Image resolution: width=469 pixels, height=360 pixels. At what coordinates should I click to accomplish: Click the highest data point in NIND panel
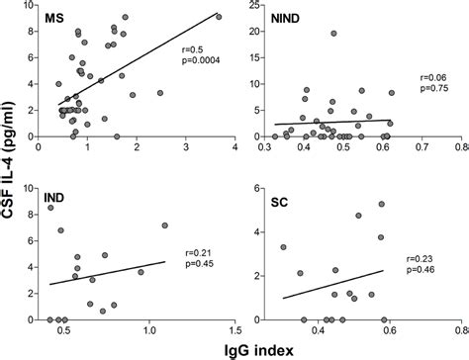click(x=334, y=34)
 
